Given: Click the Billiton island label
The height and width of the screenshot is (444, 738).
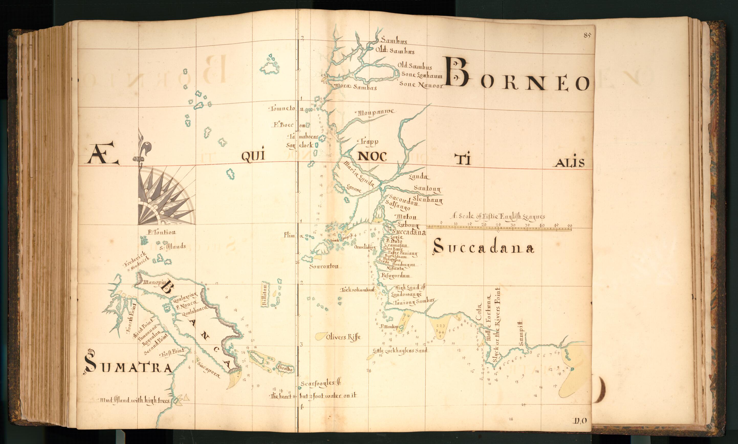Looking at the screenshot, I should [264, 294].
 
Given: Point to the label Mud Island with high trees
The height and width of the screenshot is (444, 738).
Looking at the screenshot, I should [135, 400].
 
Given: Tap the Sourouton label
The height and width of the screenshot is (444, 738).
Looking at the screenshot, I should [324, 266].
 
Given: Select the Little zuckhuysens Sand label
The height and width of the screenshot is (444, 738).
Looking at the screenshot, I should [400, 350].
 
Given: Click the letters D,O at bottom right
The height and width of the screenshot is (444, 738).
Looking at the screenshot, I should [580, 421].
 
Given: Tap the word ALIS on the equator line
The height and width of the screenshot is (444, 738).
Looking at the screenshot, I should [568, 162].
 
